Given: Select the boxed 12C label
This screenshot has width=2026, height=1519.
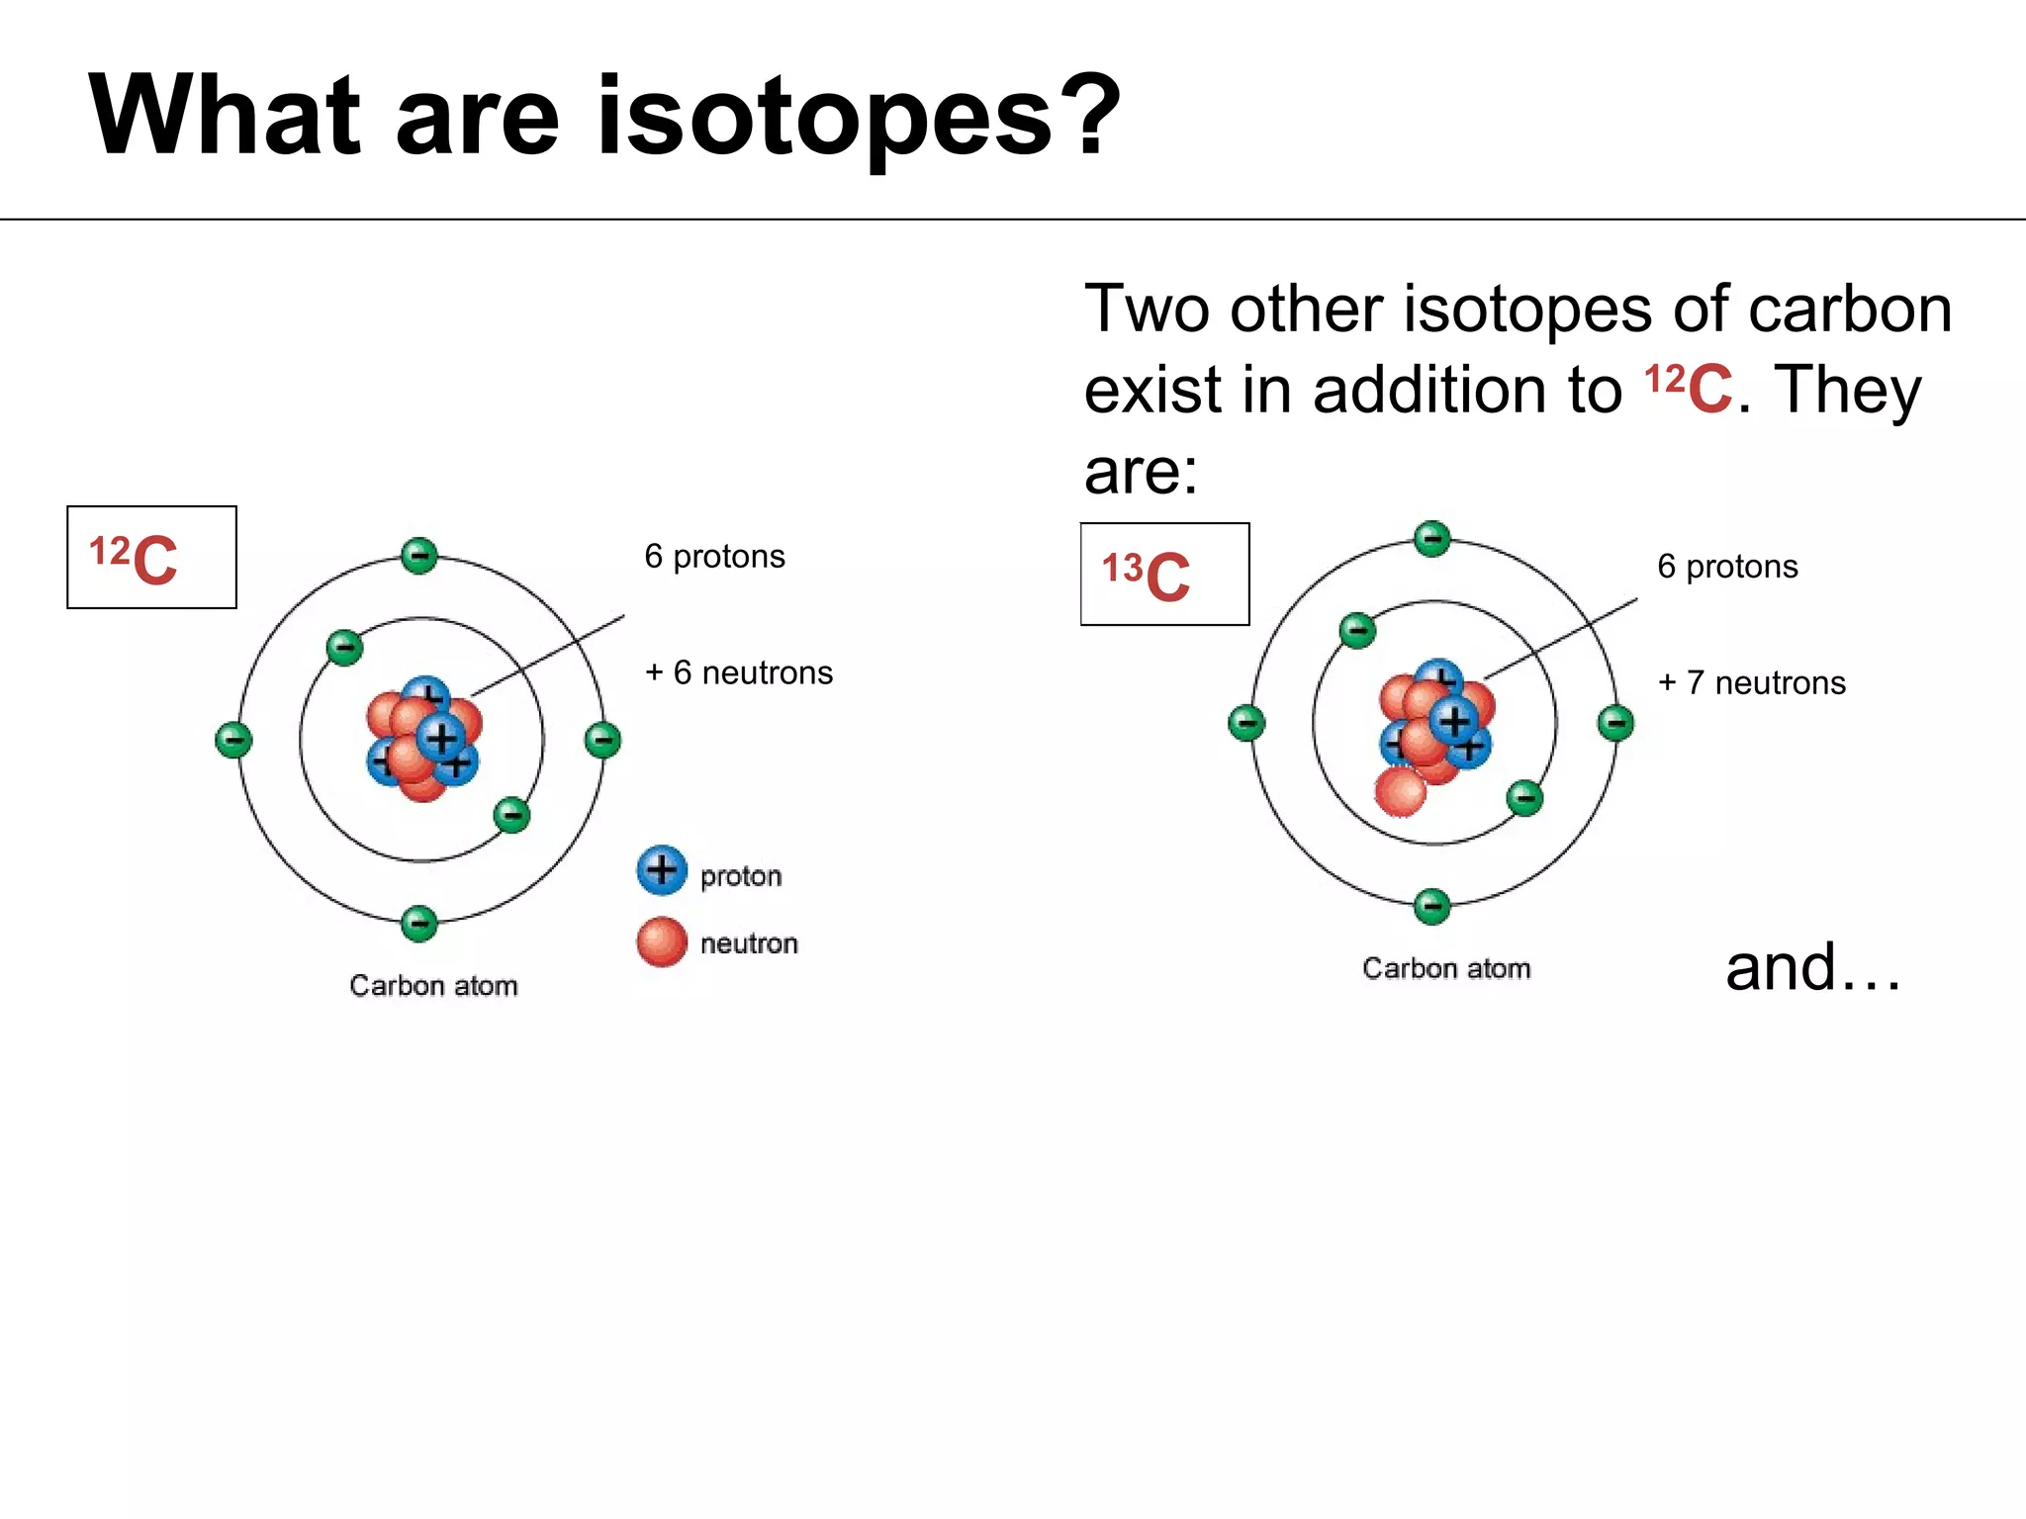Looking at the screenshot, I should tap(151, 558).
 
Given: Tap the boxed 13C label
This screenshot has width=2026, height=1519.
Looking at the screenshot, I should tap(1164, 575).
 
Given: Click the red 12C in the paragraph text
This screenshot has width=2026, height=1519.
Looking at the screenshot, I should tap(1688, 388).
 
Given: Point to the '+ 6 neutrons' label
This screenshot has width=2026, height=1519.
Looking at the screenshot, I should tap(738, 672).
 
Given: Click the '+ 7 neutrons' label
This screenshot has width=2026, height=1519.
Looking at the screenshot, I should tap(1751, 682).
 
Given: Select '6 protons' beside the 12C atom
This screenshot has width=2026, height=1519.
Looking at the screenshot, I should tap(714, 557).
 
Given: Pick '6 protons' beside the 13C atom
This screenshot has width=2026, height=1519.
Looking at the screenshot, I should tap(1727, 567).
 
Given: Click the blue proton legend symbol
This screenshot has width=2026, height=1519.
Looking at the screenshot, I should tap(662, 870).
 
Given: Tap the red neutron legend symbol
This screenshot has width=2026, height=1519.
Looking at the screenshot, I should tap(662, 941).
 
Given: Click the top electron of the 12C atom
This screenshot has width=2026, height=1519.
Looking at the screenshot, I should tap(419, 556).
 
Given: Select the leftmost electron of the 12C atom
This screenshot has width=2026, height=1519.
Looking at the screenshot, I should tap(233, 740).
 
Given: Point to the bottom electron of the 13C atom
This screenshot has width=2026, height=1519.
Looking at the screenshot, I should tap(1432, 906).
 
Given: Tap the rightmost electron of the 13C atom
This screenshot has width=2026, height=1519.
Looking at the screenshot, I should tap(1616, 723).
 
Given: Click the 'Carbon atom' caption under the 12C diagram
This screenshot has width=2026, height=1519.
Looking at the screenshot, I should tap(433, 986).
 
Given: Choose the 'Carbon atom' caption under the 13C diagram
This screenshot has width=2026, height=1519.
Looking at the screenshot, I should tap(1446, 968).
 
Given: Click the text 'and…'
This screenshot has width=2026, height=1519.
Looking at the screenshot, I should tap(1812, 967).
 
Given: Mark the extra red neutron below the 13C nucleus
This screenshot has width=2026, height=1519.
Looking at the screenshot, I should tap(1401, 792).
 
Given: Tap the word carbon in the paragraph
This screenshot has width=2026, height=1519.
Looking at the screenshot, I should tap(1850, 310).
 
